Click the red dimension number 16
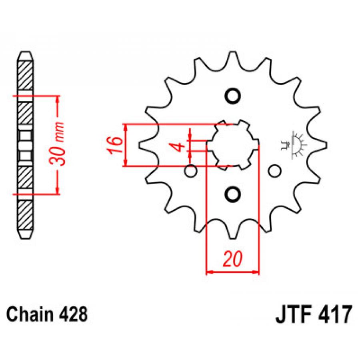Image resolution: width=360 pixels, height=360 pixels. coord(114,145)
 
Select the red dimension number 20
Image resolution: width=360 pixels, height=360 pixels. coord(232,259)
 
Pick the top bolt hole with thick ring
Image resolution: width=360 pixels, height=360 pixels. coord(232,96)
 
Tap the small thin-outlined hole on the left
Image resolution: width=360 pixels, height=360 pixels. coord(191,171)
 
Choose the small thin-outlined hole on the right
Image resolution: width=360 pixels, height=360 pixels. coord(274,171)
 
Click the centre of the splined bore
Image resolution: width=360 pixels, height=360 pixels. coord(232,145)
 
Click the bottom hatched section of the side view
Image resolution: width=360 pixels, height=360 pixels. coord(25,215)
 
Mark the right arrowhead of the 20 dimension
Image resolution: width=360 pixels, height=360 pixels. coord(256,272)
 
